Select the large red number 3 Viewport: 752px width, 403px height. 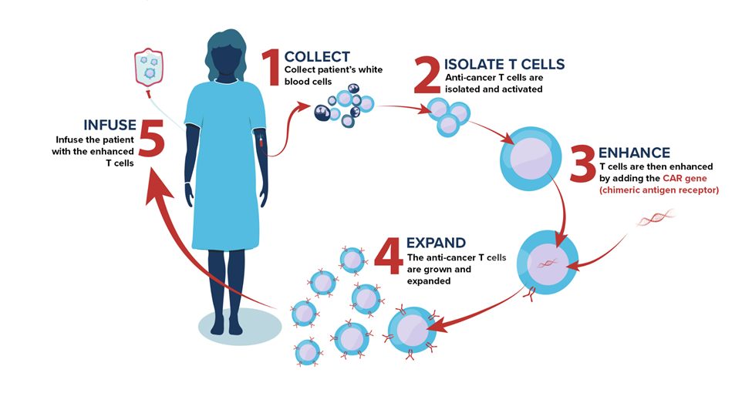tap(582, 163)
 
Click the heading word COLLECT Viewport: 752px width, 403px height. tap(316, 56)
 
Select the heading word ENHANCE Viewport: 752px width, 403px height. tap(634, 153)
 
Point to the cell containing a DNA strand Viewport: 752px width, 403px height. tap(548, 262)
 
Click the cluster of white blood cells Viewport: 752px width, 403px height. tap(345, 108)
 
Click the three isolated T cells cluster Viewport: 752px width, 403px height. tap(447, 116)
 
